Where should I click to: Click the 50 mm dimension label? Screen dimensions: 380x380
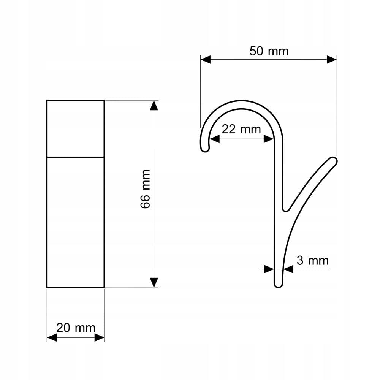point(269,51)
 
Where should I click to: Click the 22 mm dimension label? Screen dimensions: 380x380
point(241,129)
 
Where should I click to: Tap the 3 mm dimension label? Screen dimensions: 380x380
point(313,261)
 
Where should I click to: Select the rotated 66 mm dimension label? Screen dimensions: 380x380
point(146,189)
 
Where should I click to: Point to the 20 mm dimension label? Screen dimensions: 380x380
point(76,328)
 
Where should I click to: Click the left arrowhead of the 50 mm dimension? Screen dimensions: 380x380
point(206,59)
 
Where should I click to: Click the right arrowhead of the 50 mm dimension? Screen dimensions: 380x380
point(332,59)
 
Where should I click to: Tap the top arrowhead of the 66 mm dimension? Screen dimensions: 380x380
point(154,105)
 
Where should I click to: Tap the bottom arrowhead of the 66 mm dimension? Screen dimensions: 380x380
point(154,283)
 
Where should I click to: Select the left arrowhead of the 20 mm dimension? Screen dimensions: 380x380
point(52,337)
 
